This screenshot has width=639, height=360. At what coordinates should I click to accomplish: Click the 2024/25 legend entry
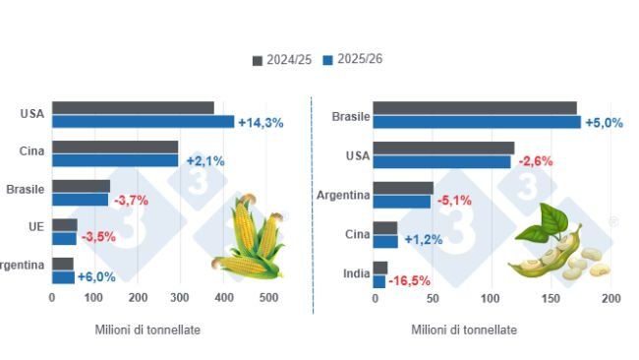point(286,60)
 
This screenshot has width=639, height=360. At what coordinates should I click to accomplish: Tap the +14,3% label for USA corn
point(261,123)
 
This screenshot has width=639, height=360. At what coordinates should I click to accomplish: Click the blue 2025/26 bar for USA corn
point(143,122)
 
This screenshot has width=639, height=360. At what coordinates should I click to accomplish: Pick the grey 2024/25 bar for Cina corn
point(115,147)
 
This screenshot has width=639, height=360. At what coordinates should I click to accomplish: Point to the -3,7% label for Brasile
point(131,200)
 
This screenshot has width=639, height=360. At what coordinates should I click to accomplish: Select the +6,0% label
point(98,277)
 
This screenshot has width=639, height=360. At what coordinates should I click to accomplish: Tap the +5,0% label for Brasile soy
point(605,123)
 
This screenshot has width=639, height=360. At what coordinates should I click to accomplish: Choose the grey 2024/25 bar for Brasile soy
point(475,108)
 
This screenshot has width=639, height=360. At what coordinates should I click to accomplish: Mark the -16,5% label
point(410,281)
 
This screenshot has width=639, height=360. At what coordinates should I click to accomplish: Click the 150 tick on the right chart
point(552,298)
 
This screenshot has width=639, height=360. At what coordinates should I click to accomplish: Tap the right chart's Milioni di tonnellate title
point(463,330)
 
